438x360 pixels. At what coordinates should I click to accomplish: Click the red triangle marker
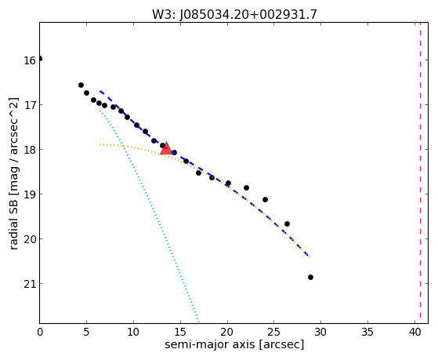pos(166,148)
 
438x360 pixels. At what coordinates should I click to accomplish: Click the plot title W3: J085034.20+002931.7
pos(234,15)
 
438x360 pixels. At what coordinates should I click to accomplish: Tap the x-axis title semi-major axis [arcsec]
pos(234,344)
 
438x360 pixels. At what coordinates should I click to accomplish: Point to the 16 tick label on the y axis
pos(30,60)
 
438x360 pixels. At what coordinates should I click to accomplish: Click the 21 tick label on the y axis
pos(30,284)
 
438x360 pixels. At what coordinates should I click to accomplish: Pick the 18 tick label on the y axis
pos(30,151)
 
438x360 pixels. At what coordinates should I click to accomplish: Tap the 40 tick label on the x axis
pos(415,332)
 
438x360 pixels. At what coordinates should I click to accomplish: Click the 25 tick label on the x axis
pos(274,332)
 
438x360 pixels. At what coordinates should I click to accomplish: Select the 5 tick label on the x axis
pos(87,332)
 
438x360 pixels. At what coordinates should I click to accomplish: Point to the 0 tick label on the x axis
pos(40,332)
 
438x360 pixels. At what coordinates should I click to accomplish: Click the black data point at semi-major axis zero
pos(40,59)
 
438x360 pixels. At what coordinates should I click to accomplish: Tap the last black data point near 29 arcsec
pos(310,277)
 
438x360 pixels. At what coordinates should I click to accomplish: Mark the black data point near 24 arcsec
pos(265,199)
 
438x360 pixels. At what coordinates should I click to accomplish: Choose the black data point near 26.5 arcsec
pos(287,224)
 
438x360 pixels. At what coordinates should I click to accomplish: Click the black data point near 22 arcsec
pos(246,187)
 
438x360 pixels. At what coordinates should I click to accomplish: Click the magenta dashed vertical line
pos(420,173)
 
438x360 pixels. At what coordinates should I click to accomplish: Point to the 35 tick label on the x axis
pos(367,332)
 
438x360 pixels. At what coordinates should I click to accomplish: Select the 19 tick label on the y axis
pos(30,195)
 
